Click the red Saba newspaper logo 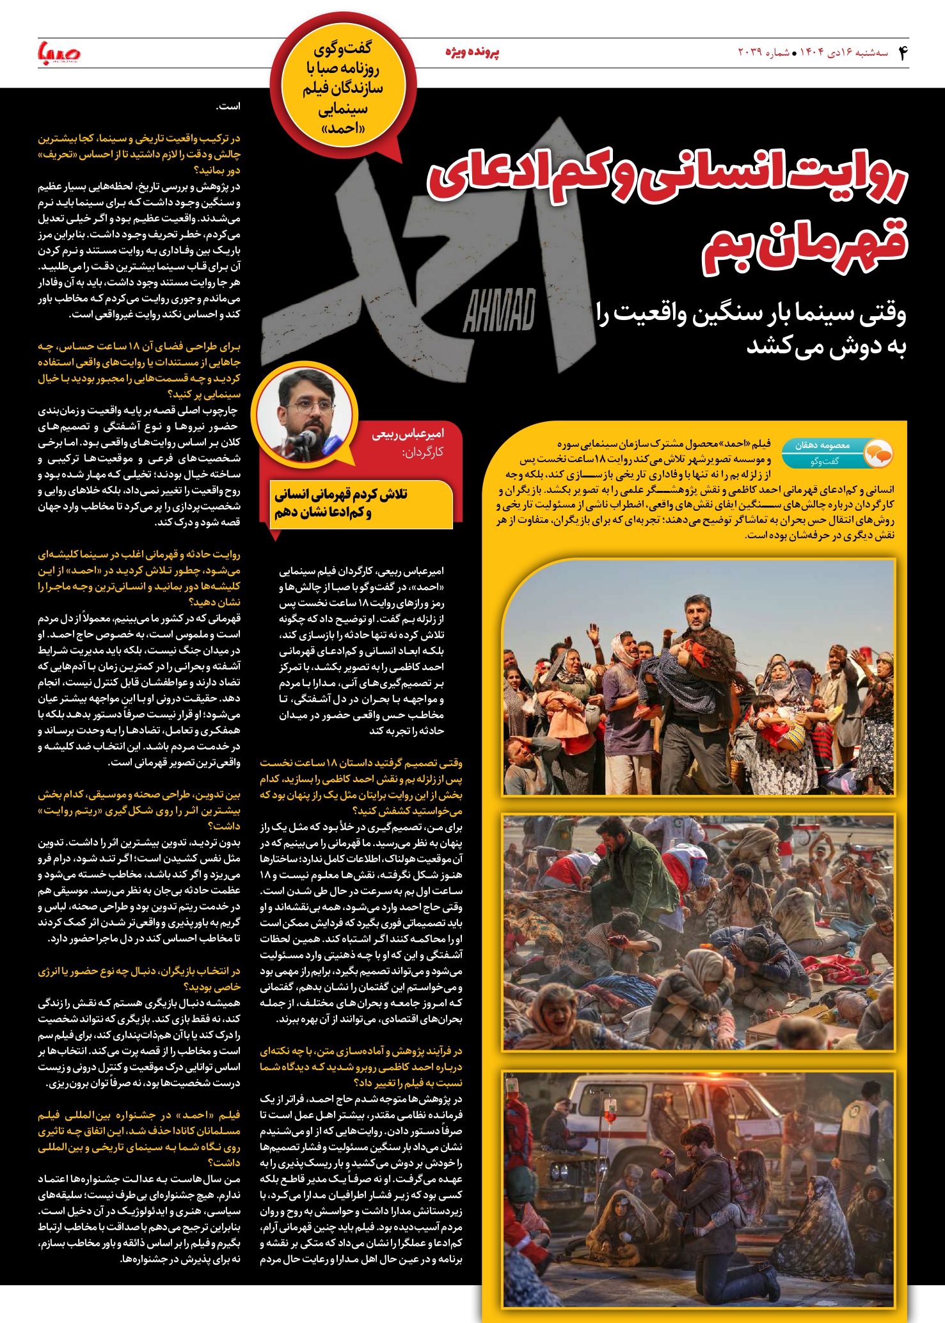coord(59,53)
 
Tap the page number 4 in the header coord(902,52)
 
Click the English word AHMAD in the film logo coord(499,310)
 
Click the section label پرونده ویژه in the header coord(472,52)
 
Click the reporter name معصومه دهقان coord(822,445)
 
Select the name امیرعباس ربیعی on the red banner coord(408,434)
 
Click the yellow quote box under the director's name coord(361,504)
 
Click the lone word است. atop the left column coord(229,106)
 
